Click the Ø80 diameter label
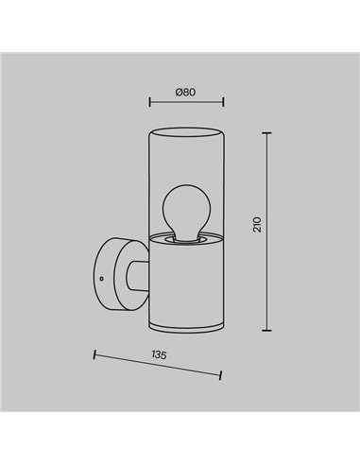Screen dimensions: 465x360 pos(184,93)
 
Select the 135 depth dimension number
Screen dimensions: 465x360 pos(159,354)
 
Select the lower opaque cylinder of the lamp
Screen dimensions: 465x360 pos(186,284)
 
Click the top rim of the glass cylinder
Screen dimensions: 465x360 pos(186,126)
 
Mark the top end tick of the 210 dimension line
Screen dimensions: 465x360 pos(270,132)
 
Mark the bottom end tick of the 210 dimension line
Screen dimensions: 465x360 pos(270,330)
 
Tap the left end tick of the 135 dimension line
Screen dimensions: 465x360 pos(94,354)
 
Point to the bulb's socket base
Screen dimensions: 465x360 pos(186,237)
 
